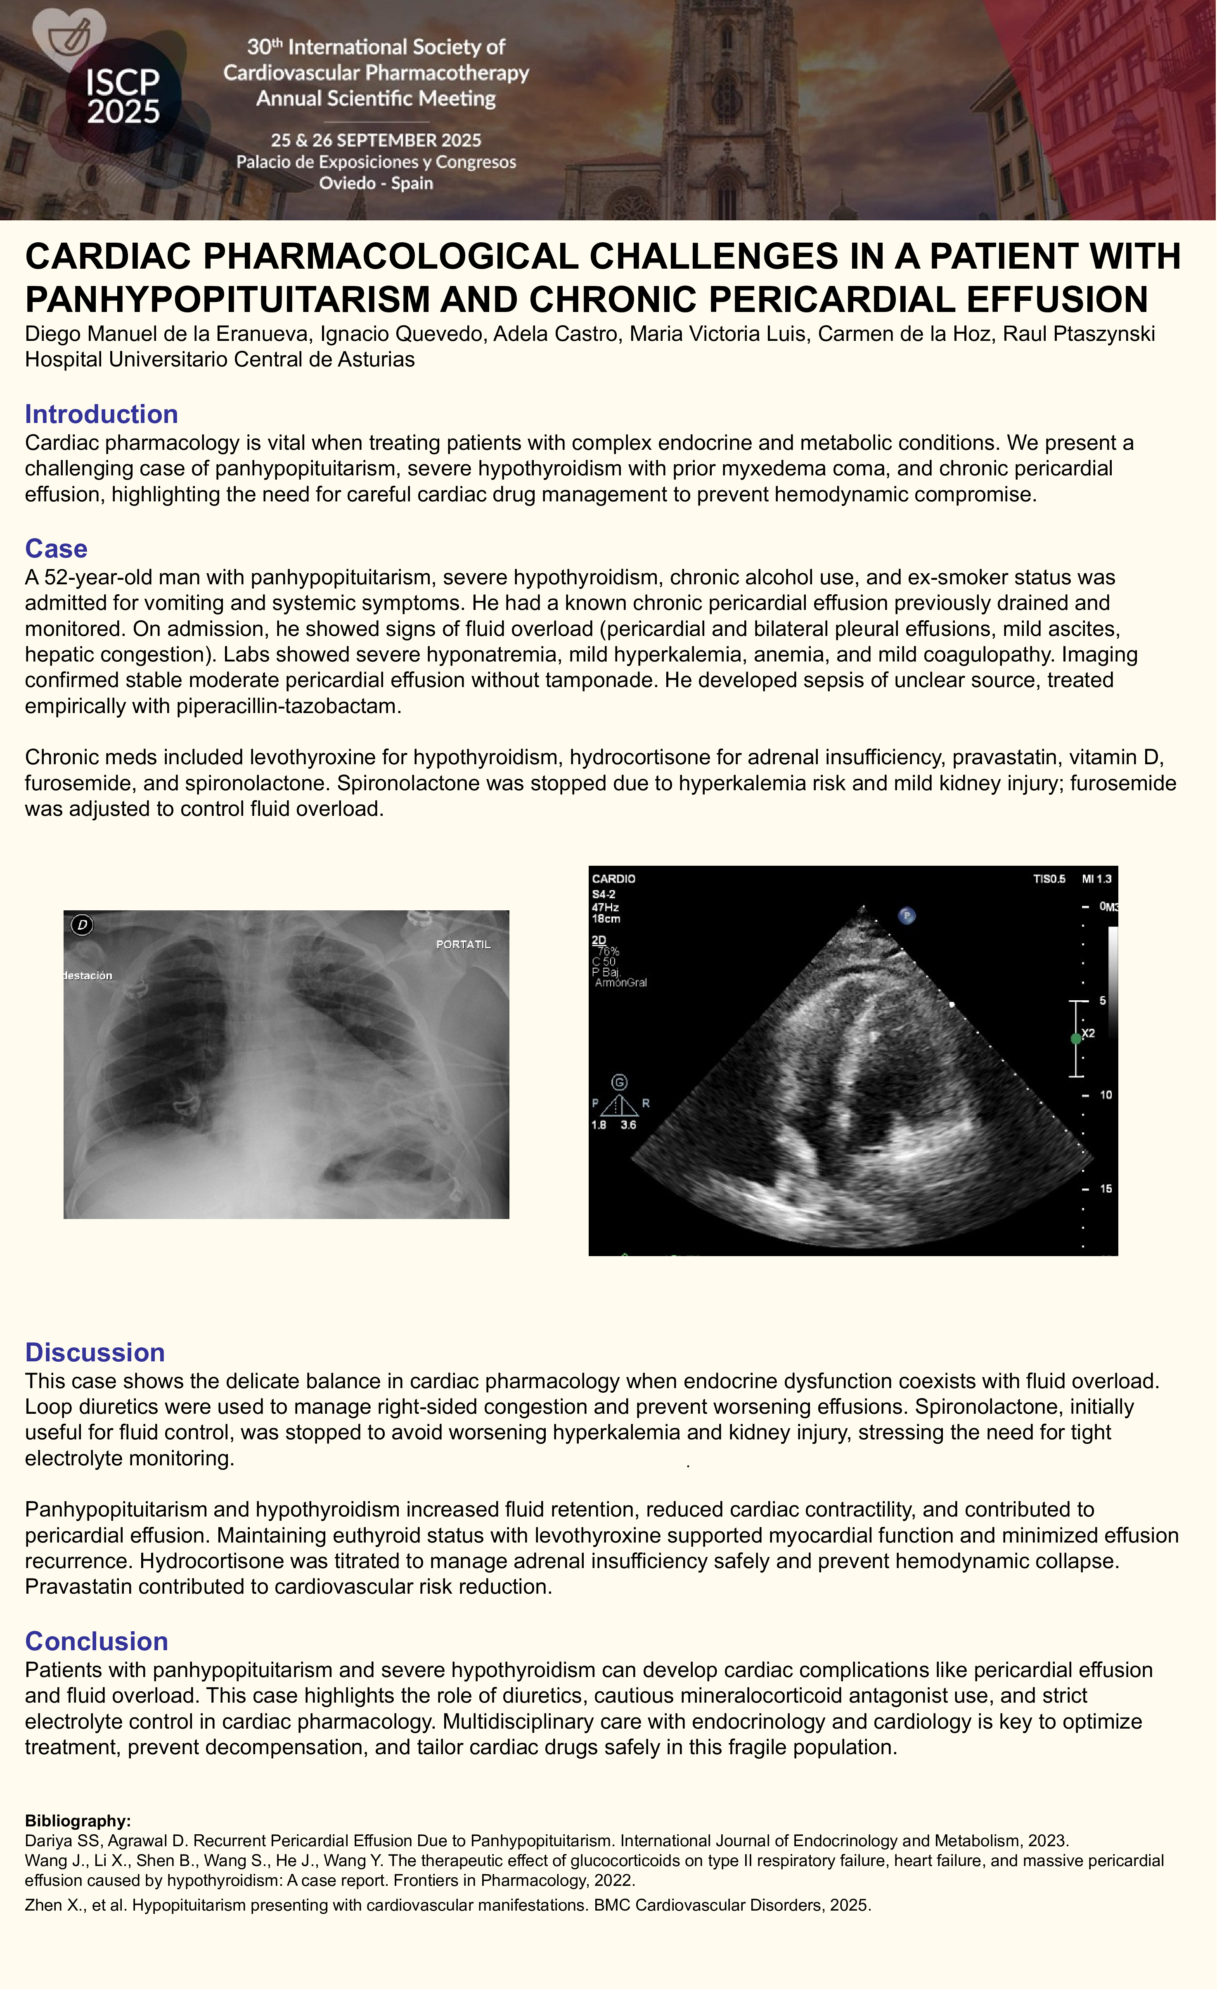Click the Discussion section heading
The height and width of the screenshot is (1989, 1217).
pyautogui.click(x=95, y=1352)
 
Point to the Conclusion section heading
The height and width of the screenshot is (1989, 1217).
pyautogui.click(x=96, y=1641)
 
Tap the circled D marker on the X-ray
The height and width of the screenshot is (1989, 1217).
pyautogui.click(x=82, y=925)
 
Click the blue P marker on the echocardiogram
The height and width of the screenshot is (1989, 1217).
pyautogui.click(x=907, y=915)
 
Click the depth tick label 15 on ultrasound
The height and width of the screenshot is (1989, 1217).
pyautogui.click(x=1106, y=1188)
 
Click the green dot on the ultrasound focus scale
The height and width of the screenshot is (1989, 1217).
pyautogui.click(x=1076, y=1039)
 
